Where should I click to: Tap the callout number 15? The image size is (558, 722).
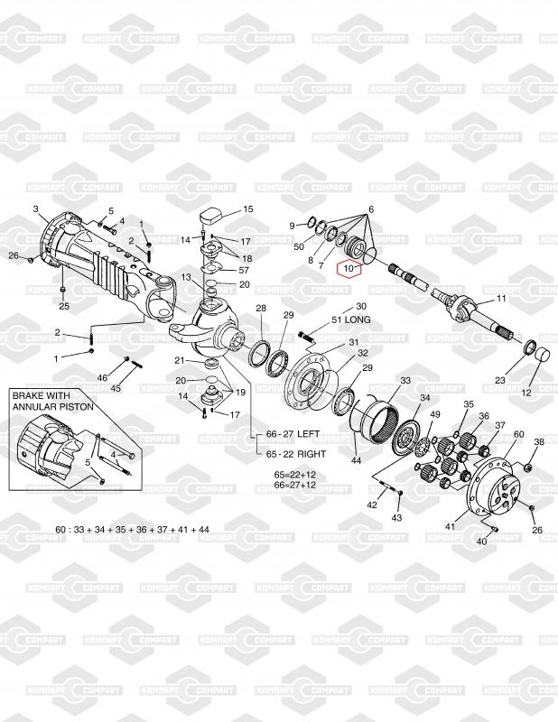(x=248, y=209)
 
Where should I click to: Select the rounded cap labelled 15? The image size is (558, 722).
(x=211, y=217)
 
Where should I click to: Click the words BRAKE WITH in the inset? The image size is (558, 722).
(x=41, y=395)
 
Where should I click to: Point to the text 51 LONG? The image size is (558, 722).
(x=350, y=319)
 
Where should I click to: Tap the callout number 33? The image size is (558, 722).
(x=405, y=380)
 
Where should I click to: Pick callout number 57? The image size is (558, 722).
(x=244, y=270)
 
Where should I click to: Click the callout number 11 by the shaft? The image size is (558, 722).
(x=501, y=299)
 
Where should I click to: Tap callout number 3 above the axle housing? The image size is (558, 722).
(x=36, y=209)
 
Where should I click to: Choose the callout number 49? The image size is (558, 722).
(x=435, y=414)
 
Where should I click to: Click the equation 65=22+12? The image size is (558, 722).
(x=295, y=475)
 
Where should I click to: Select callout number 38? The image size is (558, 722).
(x=539, y=441)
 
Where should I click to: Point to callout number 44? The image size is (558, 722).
(x=356, y=460)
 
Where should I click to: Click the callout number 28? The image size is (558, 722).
(x=261, y=308)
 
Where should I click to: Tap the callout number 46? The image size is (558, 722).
(x=102, y=377)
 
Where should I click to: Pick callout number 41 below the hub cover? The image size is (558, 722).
(x=451, y=526)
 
